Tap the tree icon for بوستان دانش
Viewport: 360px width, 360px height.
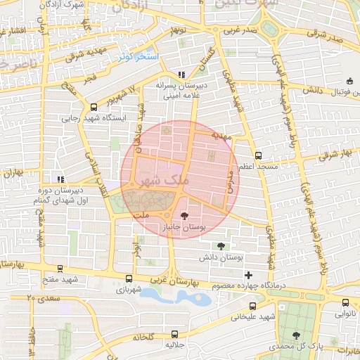point(222,246)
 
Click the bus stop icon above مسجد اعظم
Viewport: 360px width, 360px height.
point(258,155)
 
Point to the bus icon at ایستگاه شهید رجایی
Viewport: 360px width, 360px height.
point(94,107)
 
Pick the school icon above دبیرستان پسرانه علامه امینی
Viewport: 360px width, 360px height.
point(181,75)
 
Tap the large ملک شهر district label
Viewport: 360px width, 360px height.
point(160,180)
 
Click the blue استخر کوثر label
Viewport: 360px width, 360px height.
point(138,55)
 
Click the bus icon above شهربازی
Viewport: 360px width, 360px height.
point(128,278)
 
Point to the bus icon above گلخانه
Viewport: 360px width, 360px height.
point(173,324)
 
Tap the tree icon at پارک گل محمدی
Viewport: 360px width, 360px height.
point(295,335)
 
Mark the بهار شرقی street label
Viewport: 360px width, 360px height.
point(333,155)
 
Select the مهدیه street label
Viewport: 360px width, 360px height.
point(224,138)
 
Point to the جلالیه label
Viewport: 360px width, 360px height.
point(174,346)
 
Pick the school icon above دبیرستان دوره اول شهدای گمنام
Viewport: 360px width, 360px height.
point(60,179)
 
